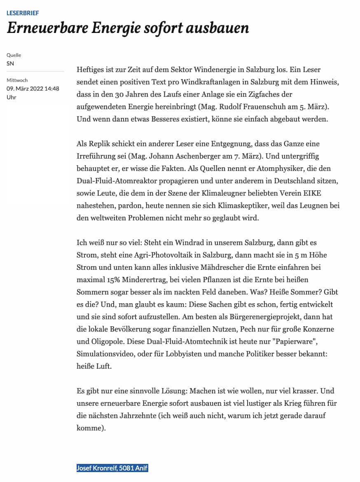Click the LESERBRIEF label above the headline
coord(23,13)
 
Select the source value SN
coord(10,63)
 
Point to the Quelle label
coord(14,55)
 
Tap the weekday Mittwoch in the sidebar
coord(17,80)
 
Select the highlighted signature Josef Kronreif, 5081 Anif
coord(112,468)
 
